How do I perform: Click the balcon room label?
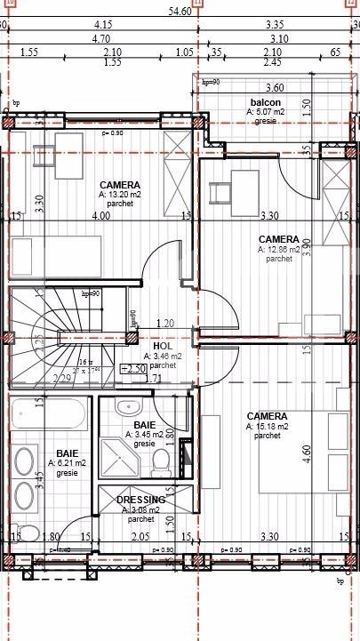[267, 102]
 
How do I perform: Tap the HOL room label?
[162, 346]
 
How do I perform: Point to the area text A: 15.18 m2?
[266, 427]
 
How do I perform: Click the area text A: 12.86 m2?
[278, 250]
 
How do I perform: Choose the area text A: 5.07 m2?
[267, 112]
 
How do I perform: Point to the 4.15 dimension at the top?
[101, 25]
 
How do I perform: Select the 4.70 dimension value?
[101, 39]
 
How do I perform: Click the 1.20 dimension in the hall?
[164, 323]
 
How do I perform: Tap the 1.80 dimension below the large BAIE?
[52, 537]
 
